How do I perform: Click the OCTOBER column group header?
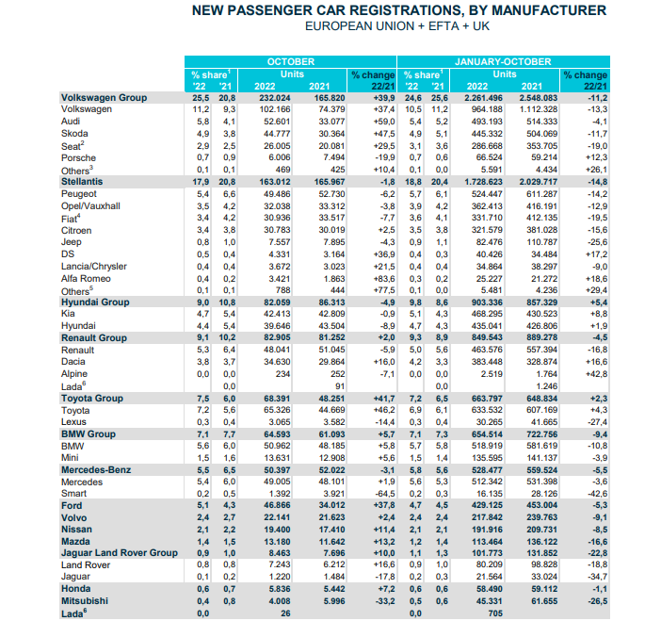(x=290, y=62)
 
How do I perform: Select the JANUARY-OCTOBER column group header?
(x=503, y=62)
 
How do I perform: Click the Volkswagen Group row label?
(x=105, y=98)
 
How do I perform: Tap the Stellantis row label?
(x=82, y=182)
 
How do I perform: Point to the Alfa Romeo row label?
(x=86, y=279)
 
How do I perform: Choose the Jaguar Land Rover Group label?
(x=120, y=553)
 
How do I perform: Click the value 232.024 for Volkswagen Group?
(x=274, y=98)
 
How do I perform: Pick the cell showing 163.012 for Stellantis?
(x=274, y=182)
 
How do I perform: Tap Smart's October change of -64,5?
(x=384, y=494)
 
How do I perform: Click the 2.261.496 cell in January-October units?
(x=483, y=98)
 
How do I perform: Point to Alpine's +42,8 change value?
(x=596, y=374)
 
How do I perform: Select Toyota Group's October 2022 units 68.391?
(x=277, y=399)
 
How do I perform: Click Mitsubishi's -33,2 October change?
(x=384, y=601)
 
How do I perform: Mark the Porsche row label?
(x=78, y=158)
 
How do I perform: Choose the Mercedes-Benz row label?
(x=96, y=470)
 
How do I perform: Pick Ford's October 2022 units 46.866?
(x=277, y=505)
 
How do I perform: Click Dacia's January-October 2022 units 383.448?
(x=487, y=362)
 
